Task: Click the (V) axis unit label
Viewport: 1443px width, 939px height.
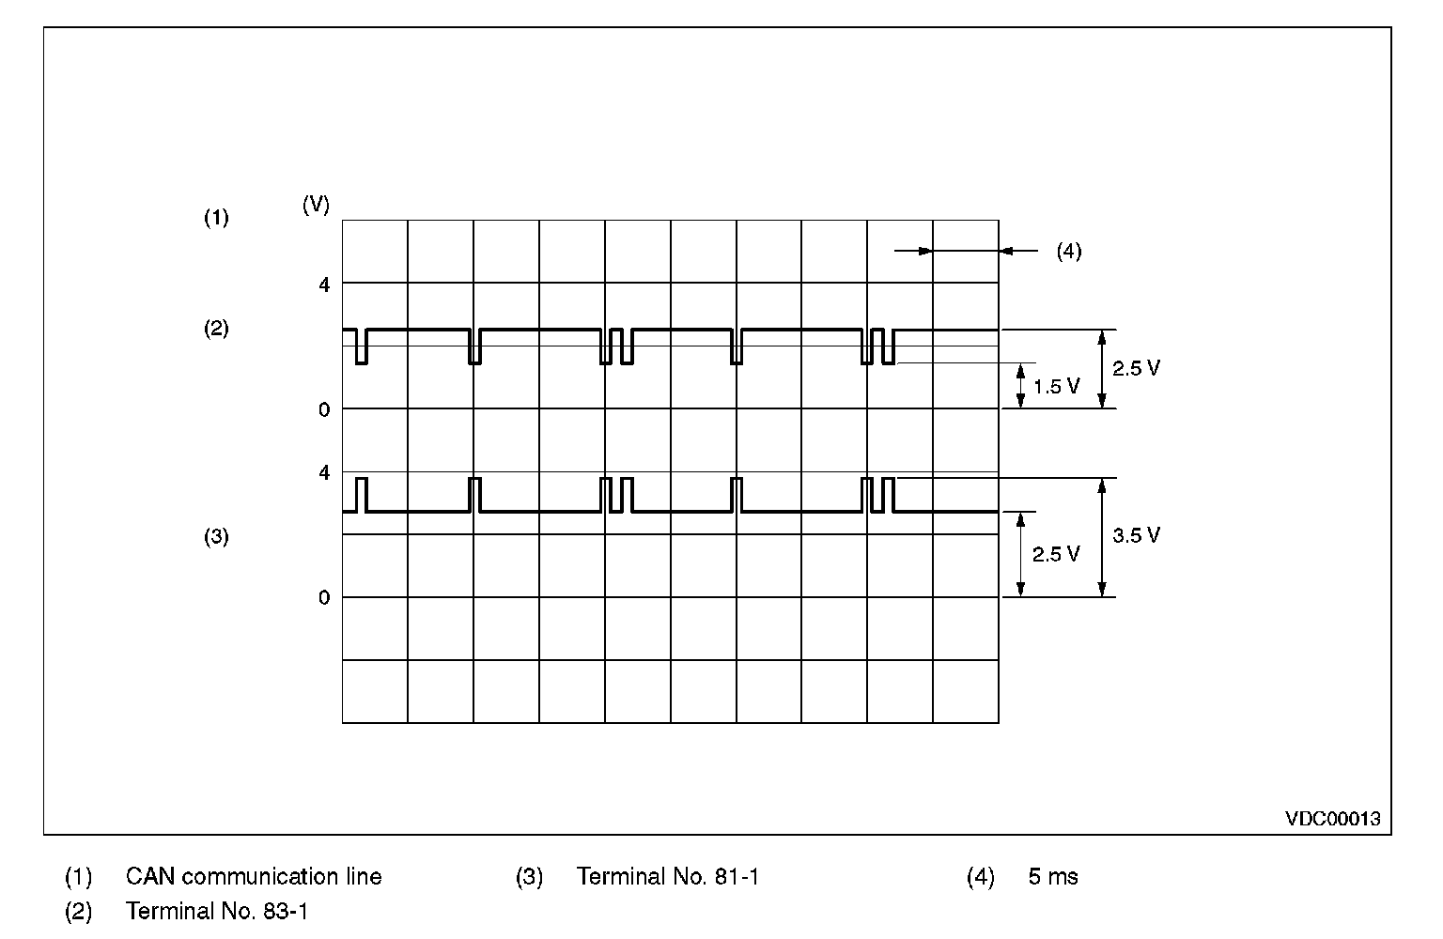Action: tap(316, 205)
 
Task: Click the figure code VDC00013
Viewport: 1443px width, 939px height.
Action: tap(1333, 819)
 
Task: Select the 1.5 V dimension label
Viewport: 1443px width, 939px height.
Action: tap(1056, 386)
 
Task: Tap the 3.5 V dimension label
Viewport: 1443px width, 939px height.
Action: tap(1136, 535)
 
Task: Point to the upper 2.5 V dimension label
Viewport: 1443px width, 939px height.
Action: tap(1136, 368)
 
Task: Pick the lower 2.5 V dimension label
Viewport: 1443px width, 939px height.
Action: tap(1056, 554)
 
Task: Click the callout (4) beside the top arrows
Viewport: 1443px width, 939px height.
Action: tap(1069, 252)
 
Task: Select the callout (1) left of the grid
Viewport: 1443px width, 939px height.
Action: tap(217, 218)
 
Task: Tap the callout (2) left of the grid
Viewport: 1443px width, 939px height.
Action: tap(217, 329)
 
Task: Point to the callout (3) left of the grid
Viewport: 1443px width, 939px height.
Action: tap(217, 537)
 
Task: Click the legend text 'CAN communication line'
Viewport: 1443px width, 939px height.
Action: tap(254, 877)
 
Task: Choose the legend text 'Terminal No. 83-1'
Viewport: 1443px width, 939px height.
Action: tap(216, 911)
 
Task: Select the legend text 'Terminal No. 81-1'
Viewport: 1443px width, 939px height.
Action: tap(667, 877)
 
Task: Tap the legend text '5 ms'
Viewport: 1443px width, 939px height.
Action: tap(1053, 877)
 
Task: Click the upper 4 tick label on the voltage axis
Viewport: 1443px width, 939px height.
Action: tap(325, 284)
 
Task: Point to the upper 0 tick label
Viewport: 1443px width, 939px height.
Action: tap(325, 409)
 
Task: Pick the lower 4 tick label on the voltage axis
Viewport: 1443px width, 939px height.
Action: tap(325, 472)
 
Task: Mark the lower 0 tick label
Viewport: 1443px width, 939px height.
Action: tap(325, 598)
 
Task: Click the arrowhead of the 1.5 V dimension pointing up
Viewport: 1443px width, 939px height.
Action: tap(1020, 370)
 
